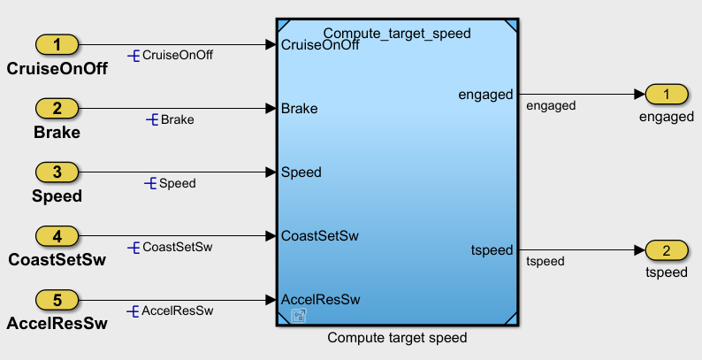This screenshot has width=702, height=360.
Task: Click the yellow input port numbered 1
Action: point(57,44)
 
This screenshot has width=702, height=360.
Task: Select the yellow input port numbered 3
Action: point(57,172)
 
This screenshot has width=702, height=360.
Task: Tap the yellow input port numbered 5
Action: point(57,299)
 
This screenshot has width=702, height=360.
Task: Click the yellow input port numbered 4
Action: point(57,235)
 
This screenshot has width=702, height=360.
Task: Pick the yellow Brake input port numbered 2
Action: point(57,108)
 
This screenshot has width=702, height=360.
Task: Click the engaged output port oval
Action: point(667,93)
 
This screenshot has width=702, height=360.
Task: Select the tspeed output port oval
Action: point(667,249)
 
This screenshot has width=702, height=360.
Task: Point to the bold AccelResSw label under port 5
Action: point(57,324)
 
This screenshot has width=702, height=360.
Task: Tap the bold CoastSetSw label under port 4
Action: point(57,260)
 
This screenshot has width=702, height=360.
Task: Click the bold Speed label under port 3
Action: point(57,196)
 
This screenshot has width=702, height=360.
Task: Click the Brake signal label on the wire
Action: point(177,119)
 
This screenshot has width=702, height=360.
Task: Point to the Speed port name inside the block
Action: point(301,172)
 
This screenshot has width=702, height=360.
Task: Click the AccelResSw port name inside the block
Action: point(315,299)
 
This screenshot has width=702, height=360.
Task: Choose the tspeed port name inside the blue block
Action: point(492,250)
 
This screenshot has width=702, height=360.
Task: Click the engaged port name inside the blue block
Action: point(486,94)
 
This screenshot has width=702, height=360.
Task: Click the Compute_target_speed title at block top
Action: point(396,33)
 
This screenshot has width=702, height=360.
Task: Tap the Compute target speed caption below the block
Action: point(396,338)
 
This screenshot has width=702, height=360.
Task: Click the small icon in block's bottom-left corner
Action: point(299,316)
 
